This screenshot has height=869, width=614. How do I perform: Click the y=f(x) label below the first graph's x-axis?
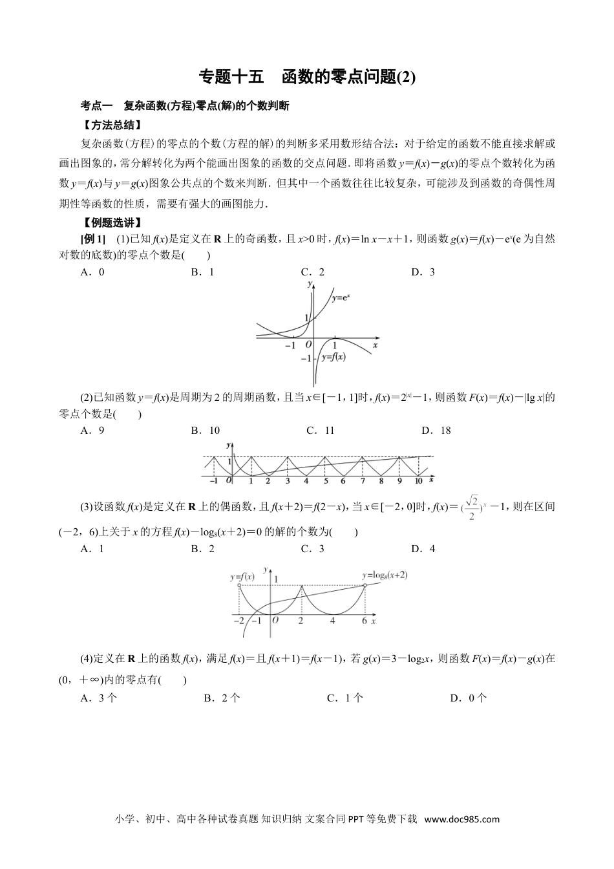pos(332,357)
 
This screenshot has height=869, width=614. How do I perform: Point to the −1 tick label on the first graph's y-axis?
pos(305,358)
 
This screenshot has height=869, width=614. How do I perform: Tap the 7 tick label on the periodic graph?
pos(363,481)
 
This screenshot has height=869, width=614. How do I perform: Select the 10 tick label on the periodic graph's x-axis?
pos(418,481)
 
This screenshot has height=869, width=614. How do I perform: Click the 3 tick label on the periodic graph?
pos(288,481)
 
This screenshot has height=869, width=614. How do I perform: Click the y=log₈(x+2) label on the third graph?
pos(385,574)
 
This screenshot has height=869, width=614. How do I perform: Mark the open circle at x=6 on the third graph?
pos(365,586)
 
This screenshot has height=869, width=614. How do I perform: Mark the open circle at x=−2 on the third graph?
pos(239,586)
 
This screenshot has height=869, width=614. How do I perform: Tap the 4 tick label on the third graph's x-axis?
pos(332,621)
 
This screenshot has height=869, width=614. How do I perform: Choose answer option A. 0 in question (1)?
pos(92,272)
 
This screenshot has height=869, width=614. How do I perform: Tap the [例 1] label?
pos(92,239)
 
